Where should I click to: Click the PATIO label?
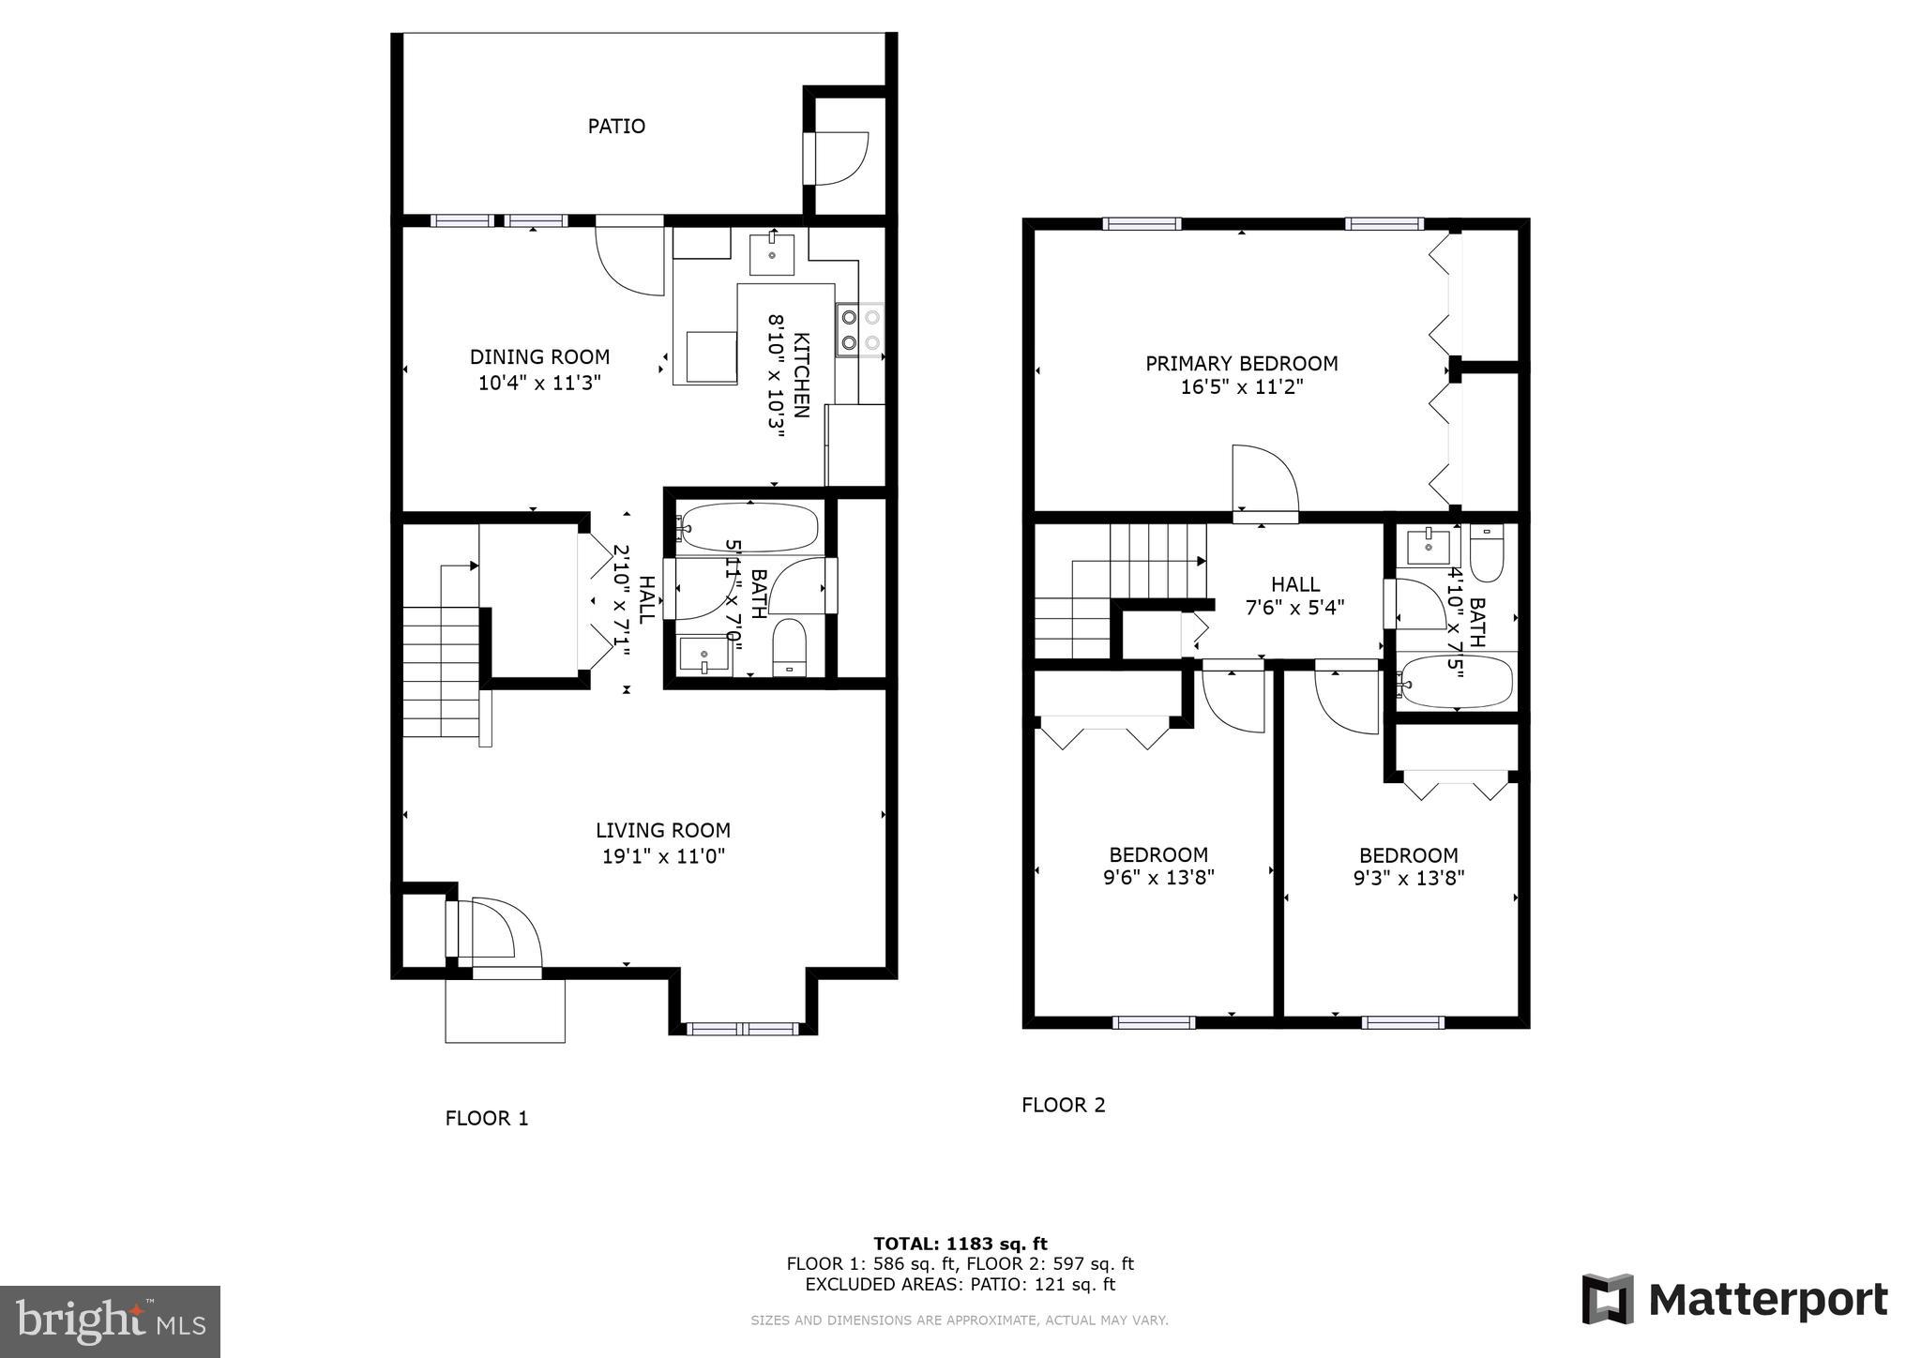[x=616, y=126]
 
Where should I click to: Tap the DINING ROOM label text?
[x=539, y=356]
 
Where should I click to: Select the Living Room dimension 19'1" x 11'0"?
[x=663, y=855]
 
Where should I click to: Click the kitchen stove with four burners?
[x=860, y=330]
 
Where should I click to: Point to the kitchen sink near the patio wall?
[x=771, y=254]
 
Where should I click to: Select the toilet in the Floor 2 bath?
[x=1487, y=553]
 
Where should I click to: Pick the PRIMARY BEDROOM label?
[x=1241, y=363]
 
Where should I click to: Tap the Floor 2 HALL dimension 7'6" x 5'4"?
[x=1294, y=607]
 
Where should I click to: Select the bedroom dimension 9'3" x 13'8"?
[x=1408, y=878]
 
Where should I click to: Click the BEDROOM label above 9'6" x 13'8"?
[x=1158, y=854]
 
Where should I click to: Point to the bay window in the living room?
[x=742, y=1029]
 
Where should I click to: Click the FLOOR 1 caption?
[x=486, y=1118]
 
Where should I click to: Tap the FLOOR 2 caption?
[x=1063, y=1105]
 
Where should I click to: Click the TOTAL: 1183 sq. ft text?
[x=960, y=1244]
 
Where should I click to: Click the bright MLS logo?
[x=110, y=1321]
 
